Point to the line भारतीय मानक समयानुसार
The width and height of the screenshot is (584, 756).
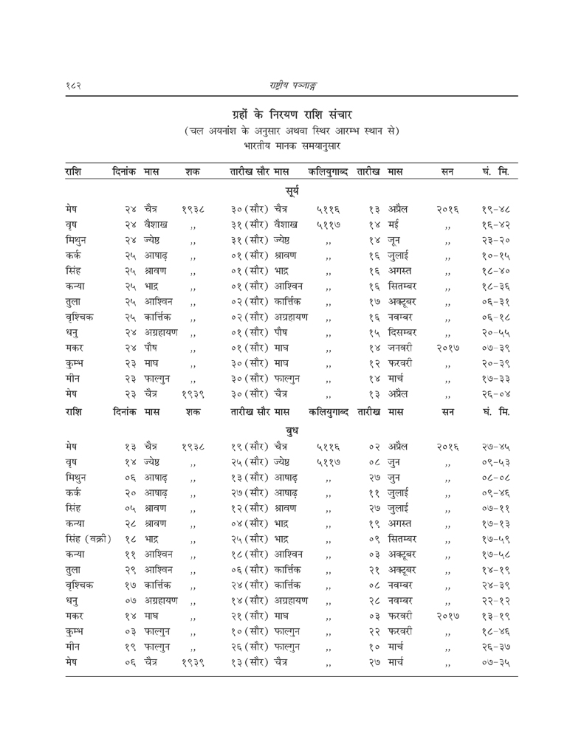coord(291,146)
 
